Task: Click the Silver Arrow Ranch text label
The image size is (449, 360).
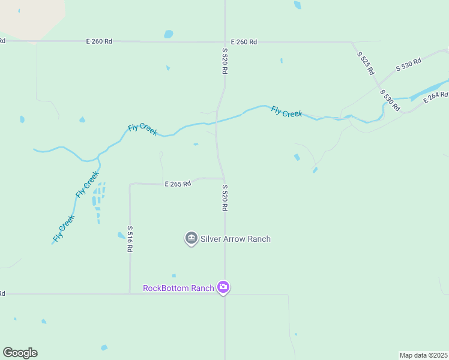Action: (235, 239)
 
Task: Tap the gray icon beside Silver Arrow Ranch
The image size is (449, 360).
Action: (191, 239)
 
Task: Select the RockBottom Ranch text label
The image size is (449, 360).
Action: (178, 288)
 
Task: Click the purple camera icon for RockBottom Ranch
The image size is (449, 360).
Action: (223, 287)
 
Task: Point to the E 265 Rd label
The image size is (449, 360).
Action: (178, 184)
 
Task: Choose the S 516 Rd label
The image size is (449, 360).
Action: (130, 239)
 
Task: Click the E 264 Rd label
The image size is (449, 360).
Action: (435, 97)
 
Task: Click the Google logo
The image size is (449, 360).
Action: (20, 353)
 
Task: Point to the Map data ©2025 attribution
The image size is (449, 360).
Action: (423, 355)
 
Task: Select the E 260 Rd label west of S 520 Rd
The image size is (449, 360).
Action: (99, 41)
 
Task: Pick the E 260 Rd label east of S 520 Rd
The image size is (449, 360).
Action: (244, 42)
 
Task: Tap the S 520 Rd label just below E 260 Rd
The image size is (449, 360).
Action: (224, 61)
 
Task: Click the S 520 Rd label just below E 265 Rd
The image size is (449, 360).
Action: (224, 197)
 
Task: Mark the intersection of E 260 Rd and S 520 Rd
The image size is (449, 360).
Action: (225, 42)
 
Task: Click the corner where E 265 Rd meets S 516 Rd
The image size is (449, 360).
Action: (130, 184)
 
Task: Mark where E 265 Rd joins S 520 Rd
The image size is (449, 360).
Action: (224, 178)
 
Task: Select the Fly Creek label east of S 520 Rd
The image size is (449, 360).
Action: (286, 112)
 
